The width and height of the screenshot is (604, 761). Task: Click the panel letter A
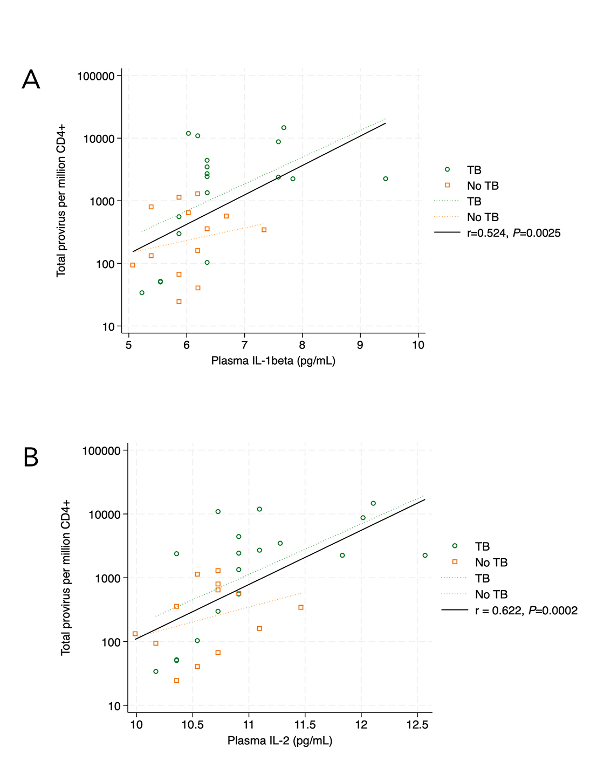click(31, 80)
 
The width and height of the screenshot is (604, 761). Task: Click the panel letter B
click(31, 457)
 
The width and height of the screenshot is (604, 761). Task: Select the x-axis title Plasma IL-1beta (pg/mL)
click(273, 361)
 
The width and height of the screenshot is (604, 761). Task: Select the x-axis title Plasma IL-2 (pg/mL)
click(279, 741)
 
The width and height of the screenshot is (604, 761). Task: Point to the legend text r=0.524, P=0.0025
click(513, 233)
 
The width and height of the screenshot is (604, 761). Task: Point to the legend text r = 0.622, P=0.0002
click(526, 611)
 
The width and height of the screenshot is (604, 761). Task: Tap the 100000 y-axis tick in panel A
click(96, 76)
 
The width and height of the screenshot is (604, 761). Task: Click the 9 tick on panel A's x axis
click(360, 345)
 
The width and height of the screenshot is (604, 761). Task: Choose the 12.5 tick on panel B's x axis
click(417, 725)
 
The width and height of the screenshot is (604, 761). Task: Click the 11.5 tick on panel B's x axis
click(305, 725)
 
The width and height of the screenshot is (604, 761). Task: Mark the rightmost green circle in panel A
click(386, 179)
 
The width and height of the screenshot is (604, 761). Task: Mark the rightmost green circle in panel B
click(425, 555)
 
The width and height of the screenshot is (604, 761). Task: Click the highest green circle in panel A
click(284, 128)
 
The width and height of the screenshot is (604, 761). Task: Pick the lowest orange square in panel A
click(179, 301)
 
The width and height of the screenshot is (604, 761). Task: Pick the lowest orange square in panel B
click(176, 681)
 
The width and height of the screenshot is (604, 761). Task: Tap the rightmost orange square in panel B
click(301, 607)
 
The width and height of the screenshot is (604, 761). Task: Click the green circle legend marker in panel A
click(447, 169)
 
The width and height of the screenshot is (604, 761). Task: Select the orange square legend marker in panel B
click(455, 562)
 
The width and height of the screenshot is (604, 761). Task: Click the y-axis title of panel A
click(61, 201)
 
